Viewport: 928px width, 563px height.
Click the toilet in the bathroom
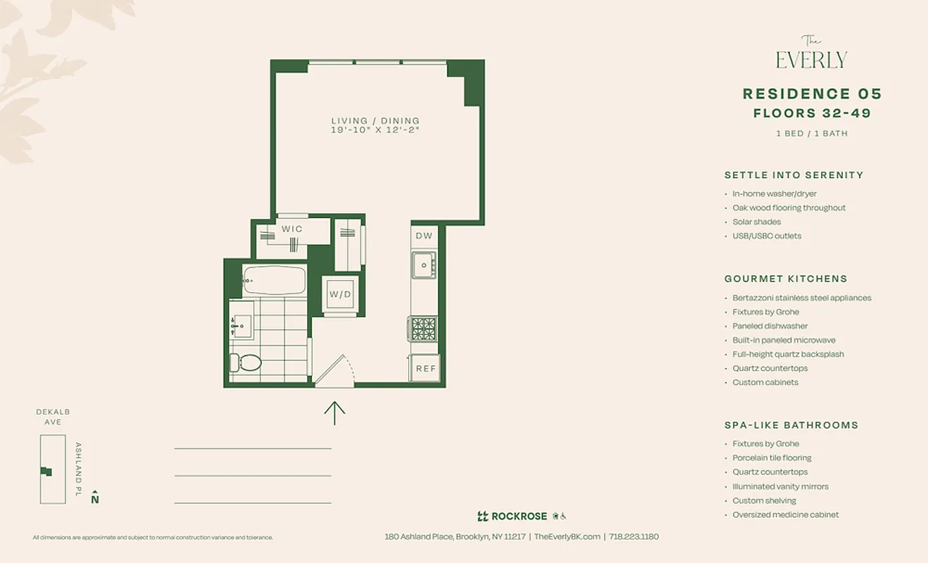(x=246, y=362)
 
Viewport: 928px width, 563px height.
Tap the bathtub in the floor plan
(x=273, y=281)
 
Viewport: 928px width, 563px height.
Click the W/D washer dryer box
(x=341, y=294)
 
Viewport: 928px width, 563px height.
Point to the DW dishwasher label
(x=424, y=236)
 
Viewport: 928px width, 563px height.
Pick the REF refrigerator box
(x=425, y=368)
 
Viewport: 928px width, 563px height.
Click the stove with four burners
(x=424, y=329)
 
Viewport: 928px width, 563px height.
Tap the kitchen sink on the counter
(x=424, y=265)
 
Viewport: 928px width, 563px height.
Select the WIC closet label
(x=292, y=229)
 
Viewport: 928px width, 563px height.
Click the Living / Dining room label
(x=375, y=121)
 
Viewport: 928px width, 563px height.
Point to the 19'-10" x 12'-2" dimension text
(x=375, y=130)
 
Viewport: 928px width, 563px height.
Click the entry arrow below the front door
(x=334, y=412)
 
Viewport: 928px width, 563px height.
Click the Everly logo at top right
(x=811, y=55)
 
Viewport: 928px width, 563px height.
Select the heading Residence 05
(x=812, y=94)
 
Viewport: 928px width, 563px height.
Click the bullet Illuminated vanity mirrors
(x=780, y=486)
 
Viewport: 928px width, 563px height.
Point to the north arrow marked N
(x=95, y=497)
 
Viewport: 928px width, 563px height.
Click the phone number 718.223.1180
(x=634, y=536)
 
